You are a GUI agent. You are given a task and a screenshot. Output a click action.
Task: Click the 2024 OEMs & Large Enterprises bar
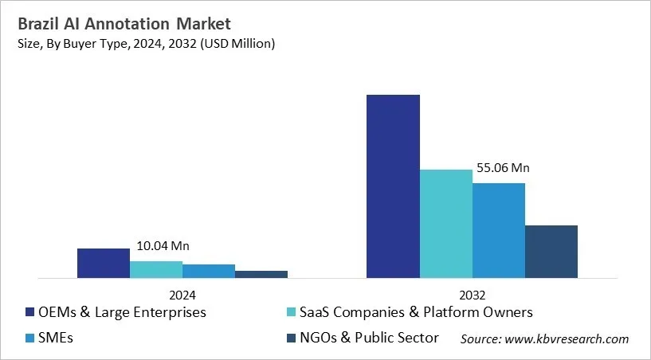104,264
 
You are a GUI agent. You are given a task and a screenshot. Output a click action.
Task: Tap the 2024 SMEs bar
209,272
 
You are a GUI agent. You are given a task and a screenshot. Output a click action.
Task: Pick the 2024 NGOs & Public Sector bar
261,275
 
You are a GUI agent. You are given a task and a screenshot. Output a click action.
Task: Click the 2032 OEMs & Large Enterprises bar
393,187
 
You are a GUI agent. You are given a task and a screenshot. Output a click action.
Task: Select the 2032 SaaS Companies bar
445,225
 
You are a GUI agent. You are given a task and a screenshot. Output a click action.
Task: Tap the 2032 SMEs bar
498,231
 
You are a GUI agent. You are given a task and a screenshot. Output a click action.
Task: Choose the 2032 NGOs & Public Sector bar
551,252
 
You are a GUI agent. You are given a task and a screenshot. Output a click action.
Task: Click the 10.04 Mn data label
163,246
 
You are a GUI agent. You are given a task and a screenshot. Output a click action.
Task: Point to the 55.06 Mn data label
503,169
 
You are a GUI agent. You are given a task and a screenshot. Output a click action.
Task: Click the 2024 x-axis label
182,293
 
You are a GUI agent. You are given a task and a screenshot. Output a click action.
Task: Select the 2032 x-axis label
472,293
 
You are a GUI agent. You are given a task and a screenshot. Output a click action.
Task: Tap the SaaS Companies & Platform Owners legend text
417,312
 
